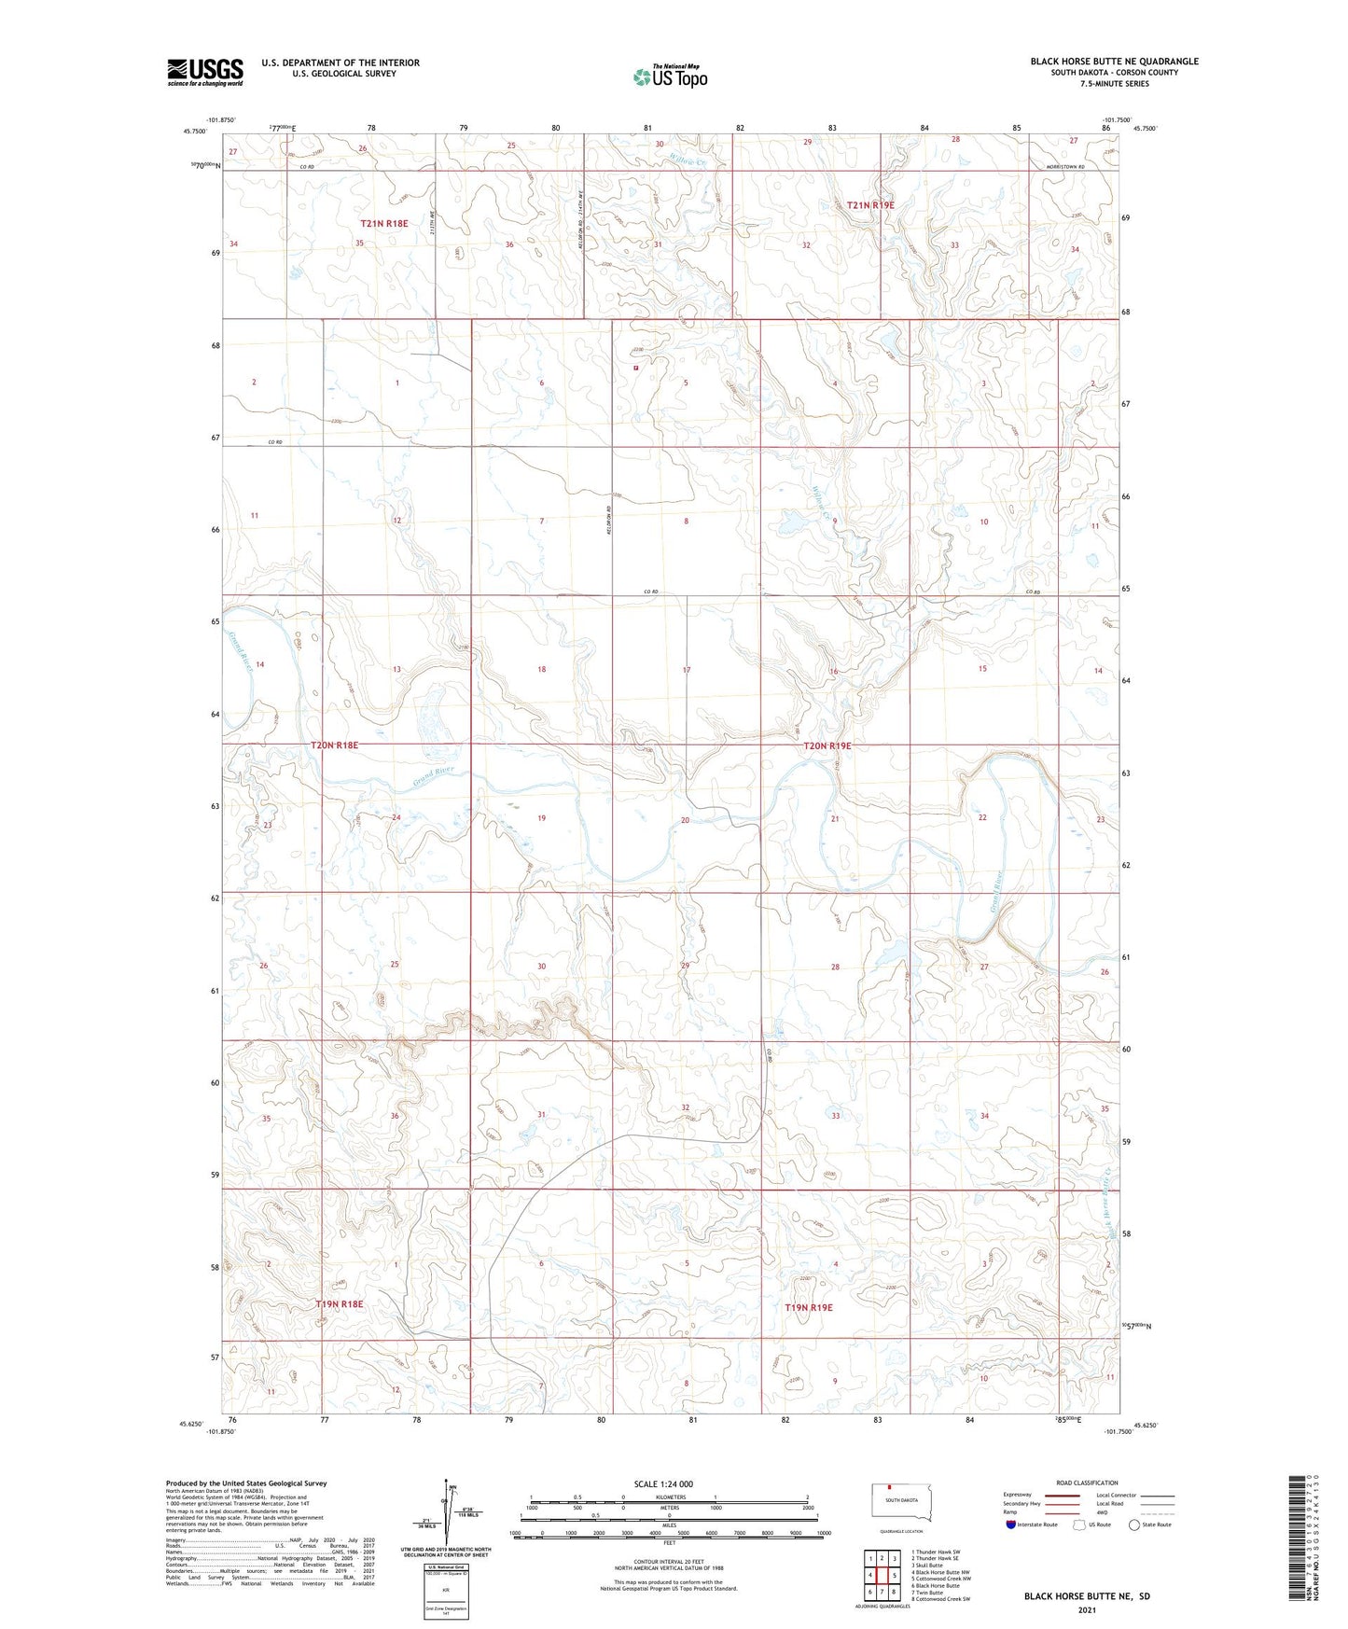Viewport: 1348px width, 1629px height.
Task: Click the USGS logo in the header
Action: click(x=205, y=72)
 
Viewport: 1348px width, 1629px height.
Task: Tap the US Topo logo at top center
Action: click(x=670, y=77)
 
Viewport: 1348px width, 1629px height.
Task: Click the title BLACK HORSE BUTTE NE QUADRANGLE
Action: click(x=1114, y=62)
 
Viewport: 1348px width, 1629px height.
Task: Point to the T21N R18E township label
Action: click(x=384, y=224)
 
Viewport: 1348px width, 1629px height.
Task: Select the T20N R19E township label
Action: click(x=827, y=745)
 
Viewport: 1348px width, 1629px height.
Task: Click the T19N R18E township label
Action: click(x=340, y=1303)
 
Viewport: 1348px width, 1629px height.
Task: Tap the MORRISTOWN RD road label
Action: click(x=1065, y=166)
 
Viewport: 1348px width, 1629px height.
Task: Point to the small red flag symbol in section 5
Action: click(x=635, y=368)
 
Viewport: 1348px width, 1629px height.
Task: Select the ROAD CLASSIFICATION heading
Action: click(x=1087, y=1483)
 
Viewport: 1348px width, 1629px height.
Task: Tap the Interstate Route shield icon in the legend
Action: click(x=1011, y=1525)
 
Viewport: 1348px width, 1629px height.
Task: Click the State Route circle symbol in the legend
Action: click(x=1134, y=1525)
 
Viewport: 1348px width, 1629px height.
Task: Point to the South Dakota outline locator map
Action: click(x=900, y=1501)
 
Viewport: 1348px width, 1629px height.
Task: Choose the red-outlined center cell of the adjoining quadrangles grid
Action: click(x=882, y=1575)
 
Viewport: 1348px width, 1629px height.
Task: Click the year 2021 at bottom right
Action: click(x=1087, y=1610)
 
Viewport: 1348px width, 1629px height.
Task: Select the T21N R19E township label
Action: click(x=870, y=205)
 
